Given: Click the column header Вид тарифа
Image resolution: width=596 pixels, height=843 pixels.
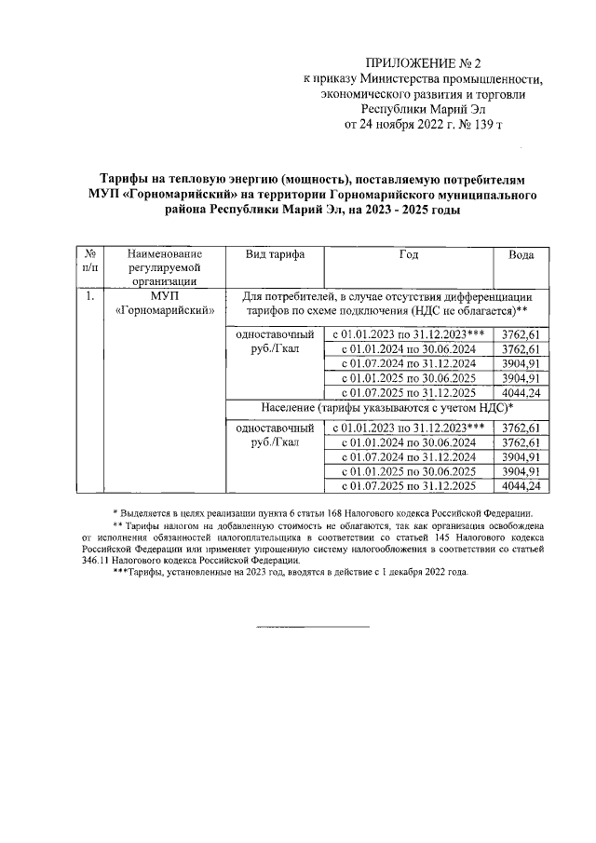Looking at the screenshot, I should click(270, 254).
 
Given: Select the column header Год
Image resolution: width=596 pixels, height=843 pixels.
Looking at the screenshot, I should click(409, 254).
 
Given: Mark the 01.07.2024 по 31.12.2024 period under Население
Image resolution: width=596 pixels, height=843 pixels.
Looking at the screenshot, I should click(409, 456).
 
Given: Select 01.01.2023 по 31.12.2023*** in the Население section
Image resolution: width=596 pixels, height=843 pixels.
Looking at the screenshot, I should click(409, 427).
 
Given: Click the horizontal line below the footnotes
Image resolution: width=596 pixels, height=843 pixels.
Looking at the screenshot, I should click(313, 626).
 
